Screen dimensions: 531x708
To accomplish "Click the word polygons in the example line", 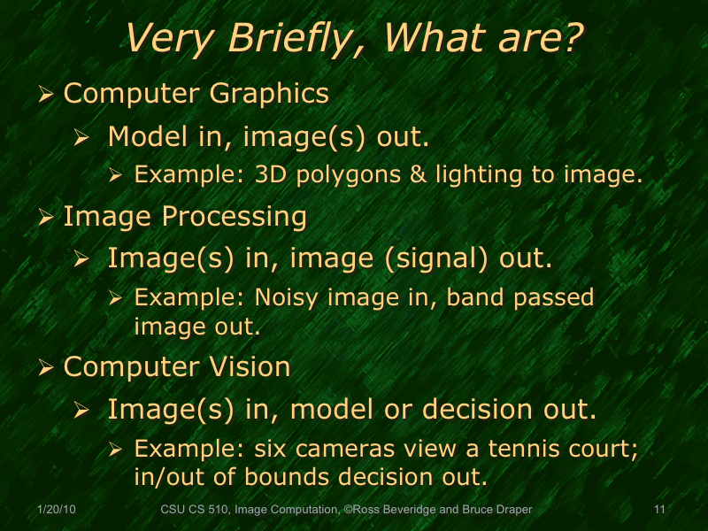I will tap(344, 174).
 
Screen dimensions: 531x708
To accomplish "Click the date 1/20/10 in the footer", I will tap(57, 511).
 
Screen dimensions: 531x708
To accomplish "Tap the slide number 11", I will tap(659, 511).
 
